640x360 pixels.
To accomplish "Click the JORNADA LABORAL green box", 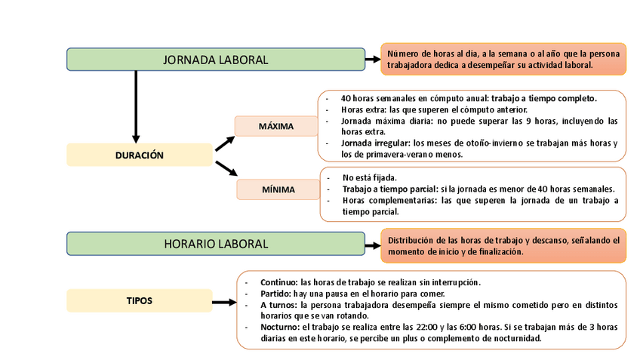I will pos(216,60).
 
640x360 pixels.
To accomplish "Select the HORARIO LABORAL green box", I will pos(216,244).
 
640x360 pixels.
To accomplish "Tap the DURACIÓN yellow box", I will pos(140,155).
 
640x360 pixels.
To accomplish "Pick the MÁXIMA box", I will pos(275,126).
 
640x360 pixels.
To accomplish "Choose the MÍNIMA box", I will pos(278,189).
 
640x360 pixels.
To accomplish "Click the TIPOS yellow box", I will pos(140,300).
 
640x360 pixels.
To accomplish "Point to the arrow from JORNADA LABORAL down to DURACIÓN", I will pos(136,106).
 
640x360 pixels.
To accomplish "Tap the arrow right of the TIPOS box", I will pos(224,302).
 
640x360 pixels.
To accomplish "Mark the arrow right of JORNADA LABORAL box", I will pos(373,60).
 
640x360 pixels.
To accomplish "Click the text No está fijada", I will pos(369,177).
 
